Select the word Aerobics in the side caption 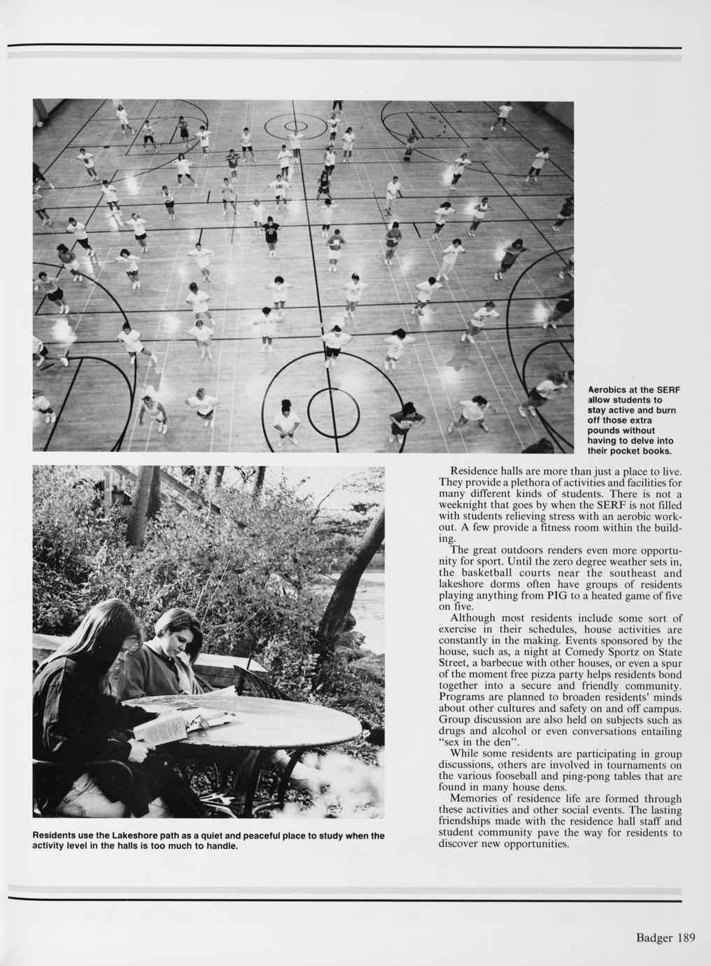pos(607,390)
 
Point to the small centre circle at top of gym pos(295,127)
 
